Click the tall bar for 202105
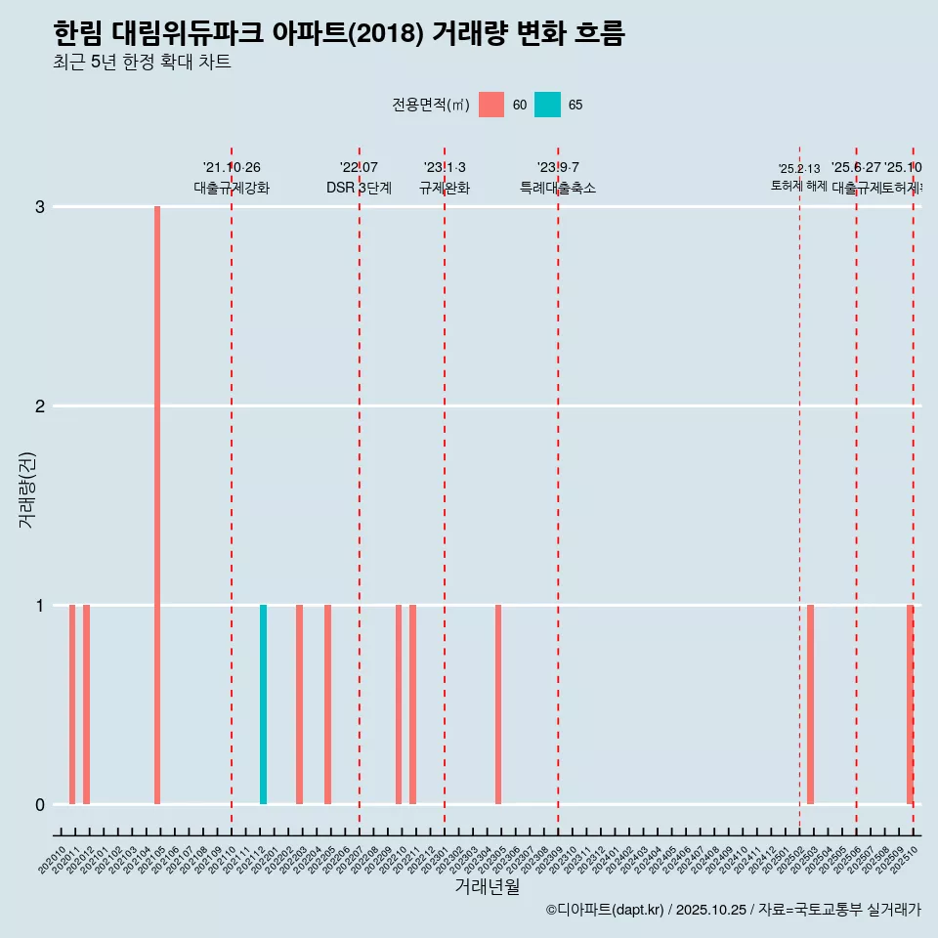click(157, 505)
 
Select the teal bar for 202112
click(263, 704)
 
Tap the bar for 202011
click(72, 704)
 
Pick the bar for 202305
click(498, 704)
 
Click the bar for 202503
click(810, 704)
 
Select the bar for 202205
click(327, 704)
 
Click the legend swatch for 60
click(491, 105)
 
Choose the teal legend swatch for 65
click(547, 105)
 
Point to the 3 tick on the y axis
click(40, 206)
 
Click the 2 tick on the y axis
click(40, 405)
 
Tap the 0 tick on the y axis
click(40, 804)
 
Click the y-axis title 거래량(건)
click(27, 489)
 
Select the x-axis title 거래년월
click(487, 886)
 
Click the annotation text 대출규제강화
click(232, 188)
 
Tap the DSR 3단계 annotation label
click(359, 188)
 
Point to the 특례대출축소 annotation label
click(558, 188)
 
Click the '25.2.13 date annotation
click(799, 169)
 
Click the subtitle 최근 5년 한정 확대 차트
click(142, 63)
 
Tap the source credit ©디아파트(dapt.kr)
click(605, 910)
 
